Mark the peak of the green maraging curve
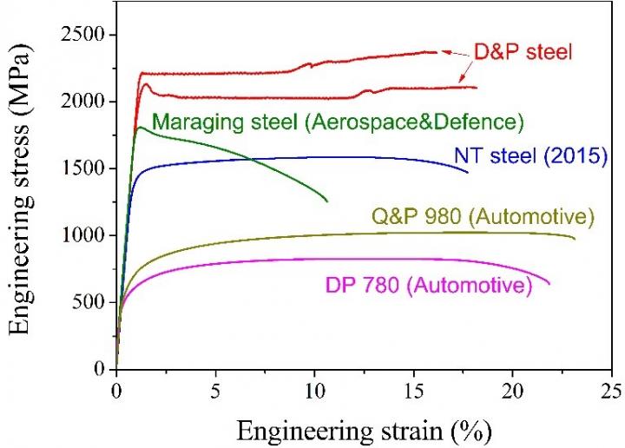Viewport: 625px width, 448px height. [x=140, y=128]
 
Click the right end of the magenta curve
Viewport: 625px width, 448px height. [x=550, y=283]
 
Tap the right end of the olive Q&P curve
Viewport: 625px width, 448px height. [x=575, y=238]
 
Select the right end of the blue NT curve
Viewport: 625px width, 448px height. [x=468, y=172]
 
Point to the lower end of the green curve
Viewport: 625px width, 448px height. [x=327, y=201]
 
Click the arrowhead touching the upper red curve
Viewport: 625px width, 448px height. [x=443, y=52]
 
